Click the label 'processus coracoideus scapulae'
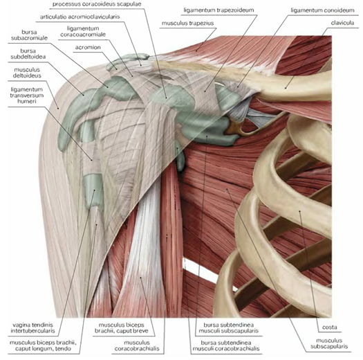pyautogui.click(x=97, y=4)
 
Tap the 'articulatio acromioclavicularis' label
pyautogui.click(x=80, y=17)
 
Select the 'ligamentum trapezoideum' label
pyautogui.click(x=218, y=10)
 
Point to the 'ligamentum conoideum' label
pyautogui.click(x=322, y=10)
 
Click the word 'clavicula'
pyautogui.click(x=342, y=23)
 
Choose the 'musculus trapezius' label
pyautogui.click(x=188, y=23)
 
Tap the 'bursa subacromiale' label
pyautogui.click(x=29, y=35)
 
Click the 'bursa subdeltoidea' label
pyautogui.click(x=28, y=54)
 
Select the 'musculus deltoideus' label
pyautogui.click(x=27, y=73)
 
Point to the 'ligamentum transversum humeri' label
pyautogui.click(x=27, y=96)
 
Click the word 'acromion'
pyautogui.click(x=88, y=47)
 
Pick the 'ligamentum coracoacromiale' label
pyautogui.click(x=83, y=32)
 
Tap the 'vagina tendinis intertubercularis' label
pyautogui.click(x=33, y=327)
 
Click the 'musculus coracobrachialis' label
pyautogui.click(x=137, y=345)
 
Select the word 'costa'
pyautogui.click(x=330, y=327)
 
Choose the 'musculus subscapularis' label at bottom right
pyautogui.click(x=329, y=343)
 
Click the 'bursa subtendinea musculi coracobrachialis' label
pyautogui.click(x=226, y=345)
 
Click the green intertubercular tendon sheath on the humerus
pyautogui.click(x=93, y=190)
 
